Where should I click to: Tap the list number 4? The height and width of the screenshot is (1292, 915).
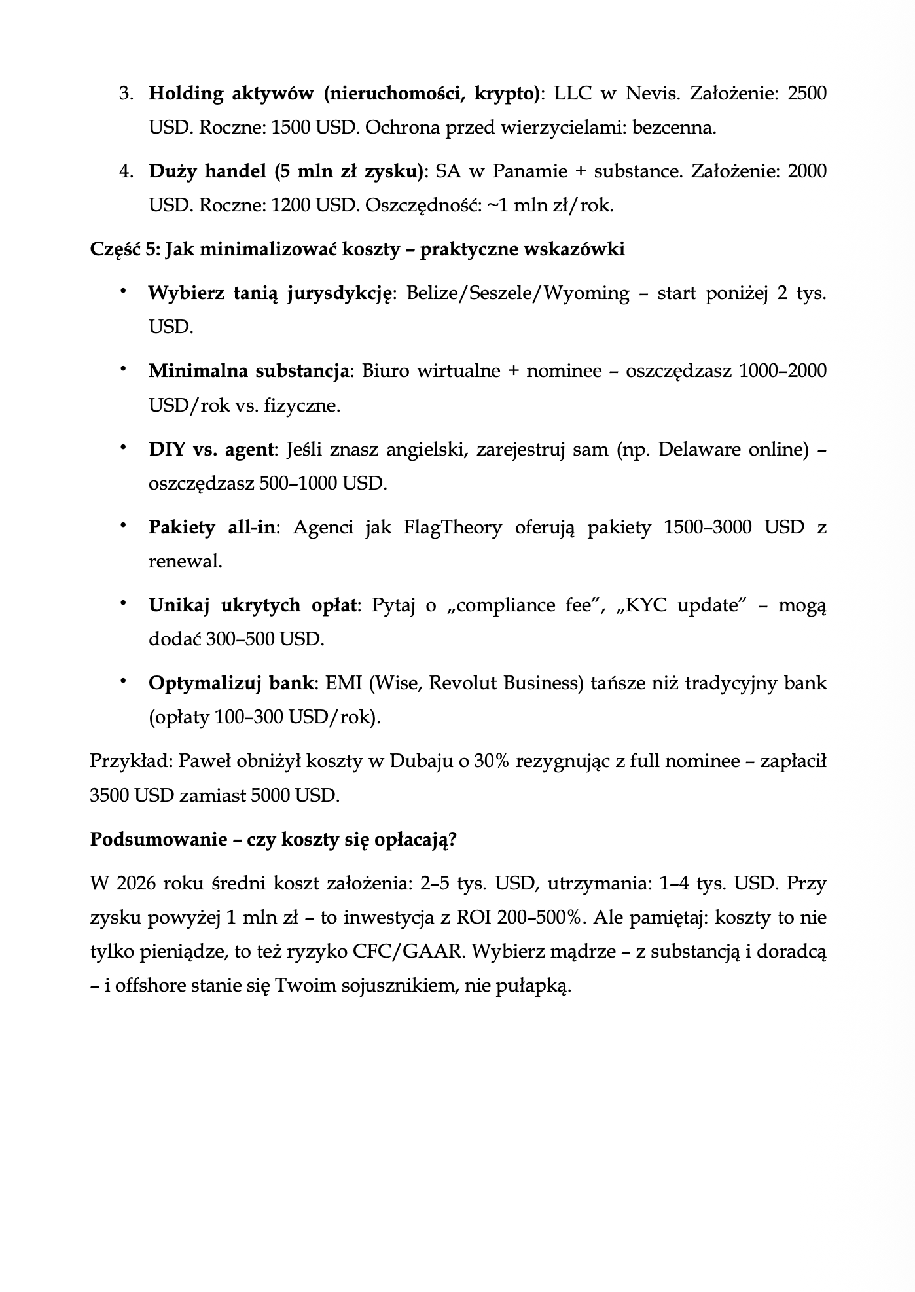(x=125, y=171)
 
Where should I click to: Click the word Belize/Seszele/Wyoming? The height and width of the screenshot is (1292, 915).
(x=518, y=293)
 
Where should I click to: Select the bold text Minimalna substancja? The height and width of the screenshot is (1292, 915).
(x=249, y=371)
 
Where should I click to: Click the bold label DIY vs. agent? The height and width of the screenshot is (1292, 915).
(x=210, y=450)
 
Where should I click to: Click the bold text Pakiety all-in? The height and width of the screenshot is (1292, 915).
(x=211, y=528)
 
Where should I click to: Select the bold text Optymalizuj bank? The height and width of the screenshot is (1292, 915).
(x=230, y=683)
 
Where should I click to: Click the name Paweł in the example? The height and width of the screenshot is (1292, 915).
(x=199, y=761)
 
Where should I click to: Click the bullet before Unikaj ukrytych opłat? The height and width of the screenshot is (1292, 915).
(x=122, y=604)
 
